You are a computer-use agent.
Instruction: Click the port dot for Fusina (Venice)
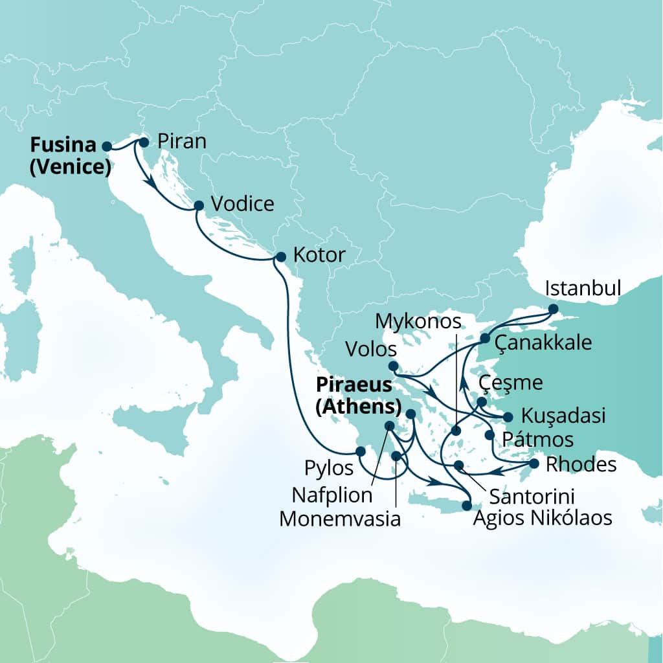click(x=107, y=146)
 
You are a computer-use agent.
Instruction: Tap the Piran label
click(x=181, y=142)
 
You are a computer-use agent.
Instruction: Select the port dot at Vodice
click(x=199, y=206)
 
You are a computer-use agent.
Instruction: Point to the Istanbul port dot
click(x=552, y=309)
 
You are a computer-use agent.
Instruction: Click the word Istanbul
click(x=584, y=287)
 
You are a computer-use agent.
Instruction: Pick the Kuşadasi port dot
click(x=508, y=417)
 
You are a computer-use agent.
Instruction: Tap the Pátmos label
click(x=537, y=440)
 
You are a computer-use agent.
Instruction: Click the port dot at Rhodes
click(x=534, y=464)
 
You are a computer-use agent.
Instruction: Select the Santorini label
click(x=532, y=497)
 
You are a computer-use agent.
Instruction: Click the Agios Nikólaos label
click(x=543, y=518)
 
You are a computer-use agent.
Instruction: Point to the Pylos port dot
click(x=361, y=451)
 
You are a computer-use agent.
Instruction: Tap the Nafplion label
click(x=332, y=495)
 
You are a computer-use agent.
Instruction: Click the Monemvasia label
click(x=340, y=519)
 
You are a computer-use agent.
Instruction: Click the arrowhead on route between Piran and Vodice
click(x=151, y=184)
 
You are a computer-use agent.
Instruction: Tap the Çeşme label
click(x=510, y=383)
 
